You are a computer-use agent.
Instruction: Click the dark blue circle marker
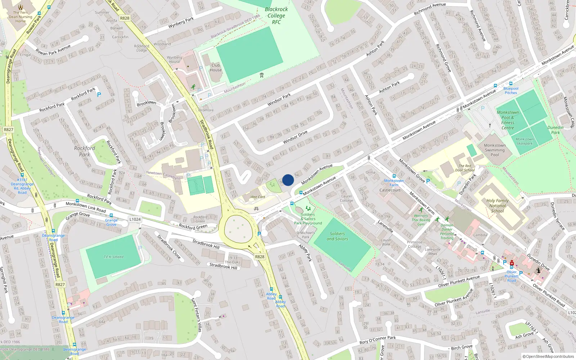coord(288,180)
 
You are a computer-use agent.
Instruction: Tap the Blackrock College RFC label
coord(276,16)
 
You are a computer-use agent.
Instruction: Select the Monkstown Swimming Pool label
coord(495,150)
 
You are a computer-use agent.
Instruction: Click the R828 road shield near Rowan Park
coord(125,18)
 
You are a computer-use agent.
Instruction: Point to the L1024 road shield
coord(135,219)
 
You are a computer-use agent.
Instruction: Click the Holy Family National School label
coord(498,206)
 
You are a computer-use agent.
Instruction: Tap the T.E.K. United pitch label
coord(113,257)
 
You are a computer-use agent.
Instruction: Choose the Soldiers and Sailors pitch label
coord(337,236)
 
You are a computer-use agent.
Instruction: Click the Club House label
coord(216,68)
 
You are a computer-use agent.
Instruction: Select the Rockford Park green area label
coord(85,151)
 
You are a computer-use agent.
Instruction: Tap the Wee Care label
coord(258,197)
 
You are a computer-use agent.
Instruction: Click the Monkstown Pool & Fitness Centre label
coord(508,120)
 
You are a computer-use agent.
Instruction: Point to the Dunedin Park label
coord(555,130)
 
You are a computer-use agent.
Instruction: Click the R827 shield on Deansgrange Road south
coord(60,284)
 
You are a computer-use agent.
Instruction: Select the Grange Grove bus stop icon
coord(111,216)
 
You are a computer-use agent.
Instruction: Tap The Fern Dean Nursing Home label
coord(21,17)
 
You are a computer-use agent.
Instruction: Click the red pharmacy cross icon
coord(512,263)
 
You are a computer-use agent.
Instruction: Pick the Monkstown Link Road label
coord(86,207)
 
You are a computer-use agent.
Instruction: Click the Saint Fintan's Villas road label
coord(196,315)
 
